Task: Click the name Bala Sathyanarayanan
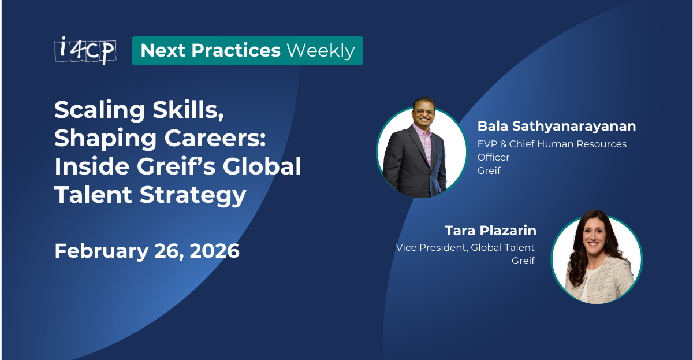click(x=557, y=126)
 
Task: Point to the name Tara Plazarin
click(x=490, y=231)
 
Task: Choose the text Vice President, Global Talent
click(x=465, y=247)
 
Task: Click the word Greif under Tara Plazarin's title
click(x=523, y=261)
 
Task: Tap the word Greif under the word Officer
click(x=489, y=170)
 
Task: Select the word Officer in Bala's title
click(x=493, y=157)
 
